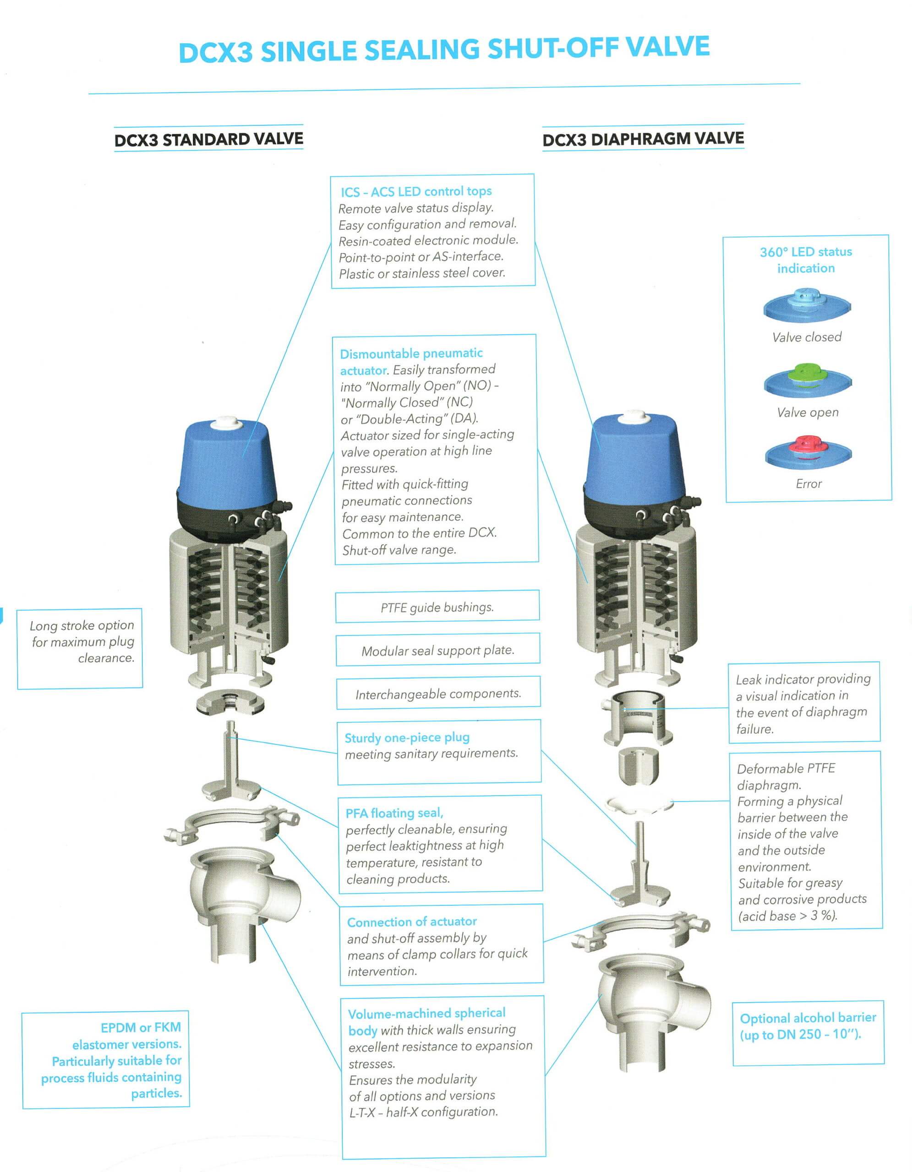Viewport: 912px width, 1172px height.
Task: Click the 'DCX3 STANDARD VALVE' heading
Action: click(208, 140)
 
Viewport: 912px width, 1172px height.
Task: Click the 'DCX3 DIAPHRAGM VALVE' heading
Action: click(643, 140)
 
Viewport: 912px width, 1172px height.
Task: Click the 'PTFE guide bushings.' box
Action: click(437, 607)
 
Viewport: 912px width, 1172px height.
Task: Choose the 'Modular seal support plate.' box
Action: click(437, 651)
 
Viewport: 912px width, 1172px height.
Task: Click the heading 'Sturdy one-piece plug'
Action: click(407, 738)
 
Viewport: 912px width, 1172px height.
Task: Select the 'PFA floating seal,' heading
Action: click(394, 813)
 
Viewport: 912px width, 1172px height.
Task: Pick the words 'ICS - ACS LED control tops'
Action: click(416, 191)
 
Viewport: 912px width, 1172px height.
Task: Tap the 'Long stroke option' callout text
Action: click(82, 625)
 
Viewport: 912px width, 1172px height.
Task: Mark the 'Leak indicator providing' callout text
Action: click(803, 679)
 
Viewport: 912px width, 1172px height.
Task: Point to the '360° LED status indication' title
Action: click(806, 260)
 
